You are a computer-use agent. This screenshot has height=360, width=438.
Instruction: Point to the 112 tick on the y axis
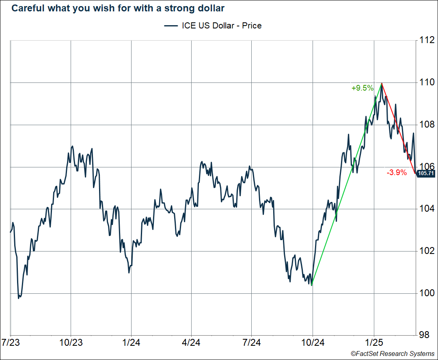pyautogui.click(x=427, y=40)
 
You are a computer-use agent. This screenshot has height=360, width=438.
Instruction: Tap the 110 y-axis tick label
pyautogui.click(x=427, y=82)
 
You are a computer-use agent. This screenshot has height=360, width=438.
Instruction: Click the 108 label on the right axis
pyautogui.click(x=427, y=125)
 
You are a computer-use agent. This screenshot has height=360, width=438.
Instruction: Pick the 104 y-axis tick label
pyautogui.click(x=427, y=209)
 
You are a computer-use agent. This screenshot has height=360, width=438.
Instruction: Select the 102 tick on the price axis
pyautogui.click(x=427, y=251)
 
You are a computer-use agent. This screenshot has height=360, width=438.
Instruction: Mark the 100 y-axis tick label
pyautogui.click(x=427, y=293)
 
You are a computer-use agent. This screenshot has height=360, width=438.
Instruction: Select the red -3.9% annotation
pyautogui.click(x=397, y=173)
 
